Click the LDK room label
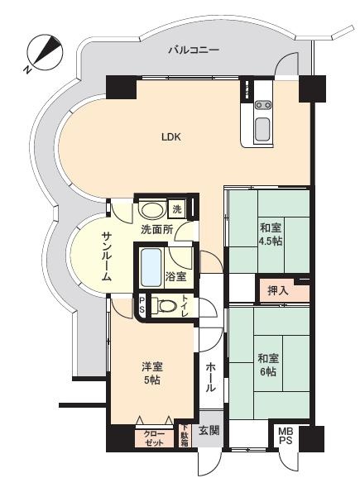(x=171, y=137)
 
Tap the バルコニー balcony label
(x=194, y=50)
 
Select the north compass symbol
(x=44, y=52)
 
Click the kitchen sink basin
(x=262, y=130)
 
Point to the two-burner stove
(x=263, y=105)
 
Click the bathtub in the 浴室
(x=151, y=267)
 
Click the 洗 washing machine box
(x=177, y=209)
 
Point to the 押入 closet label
(x=277, y=290)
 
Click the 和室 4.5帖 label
(x=270, y=234)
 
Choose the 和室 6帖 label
(x=268, y=365)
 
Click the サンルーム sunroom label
(x=107, y=256)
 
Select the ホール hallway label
(x=210, y=377)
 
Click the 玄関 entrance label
(x=209, y=431)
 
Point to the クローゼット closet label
(x=155, y=438)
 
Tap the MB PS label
(x=286, y=436)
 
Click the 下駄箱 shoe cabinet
(x=185, y=436)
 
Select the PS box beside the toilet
(x=142, y=305)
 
